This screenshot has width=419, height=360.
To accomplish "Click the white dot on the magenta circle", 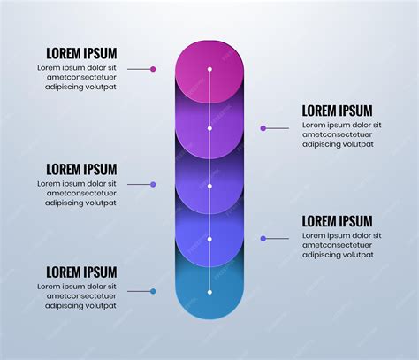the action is click(x=209, y=69).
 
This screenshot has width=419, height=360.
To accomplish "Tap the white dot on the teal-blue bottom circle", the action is click(x=209, y=292).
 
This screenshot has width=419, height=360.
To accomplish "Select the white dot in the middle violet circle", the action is click(x=209, y=187).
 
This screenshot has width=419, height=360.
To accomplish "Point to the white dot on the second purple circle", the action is click(x=209, y=128).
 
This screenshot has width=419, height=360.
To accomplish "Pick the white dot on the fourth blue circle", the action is click(x=209, y=239).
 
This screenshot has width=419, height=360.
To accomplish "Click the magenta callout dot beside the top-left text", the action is click(x=153, y=69).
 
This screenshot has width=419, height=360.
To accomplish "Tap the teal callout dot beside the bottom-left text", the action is click(x=153, y=291).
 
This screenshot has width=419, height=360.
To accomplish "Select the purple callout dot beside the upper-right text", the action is click(x=263, y=128).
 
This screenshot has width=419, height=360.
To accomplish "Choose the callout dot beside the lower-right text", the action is click(x=263, y=239).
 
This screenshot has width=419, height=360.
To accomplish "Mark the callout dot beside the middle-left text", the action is click(x=153, y=185).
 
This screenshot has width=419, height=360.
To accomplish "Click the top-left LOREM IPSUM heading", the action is click(x=81, y=54).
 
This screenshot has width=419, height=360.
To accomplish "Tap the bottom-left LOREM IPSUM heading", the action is click(x=81, y=272).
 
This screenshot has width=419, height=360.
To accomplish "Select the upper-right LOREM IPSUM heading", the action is click(x=337, y=111).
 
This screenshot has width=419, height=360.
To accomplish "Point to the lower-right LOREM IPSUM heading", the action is click(x=337, y=221).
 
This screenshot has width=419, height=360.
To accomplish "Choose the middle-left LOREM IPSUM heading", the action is click(x=81, y=170).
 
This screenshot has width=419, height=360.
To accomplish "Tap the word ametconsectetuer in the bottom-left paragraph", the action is click(x=81, y=296).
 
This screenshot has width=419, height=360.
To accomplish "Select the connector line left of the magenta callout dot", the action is click(x=139, y=69).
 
